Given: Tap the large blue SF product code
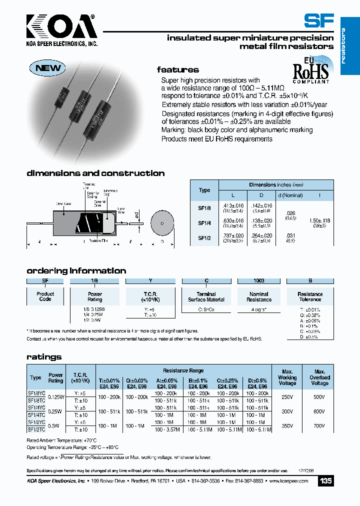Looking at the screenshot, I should coord(318,20).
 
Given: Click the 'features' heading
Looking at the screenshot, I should coord(177,70).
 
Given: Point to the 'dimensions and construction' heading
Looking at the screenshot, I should coord(95,173).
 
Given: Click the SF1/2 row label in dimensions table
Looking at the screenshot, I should coord(204,238).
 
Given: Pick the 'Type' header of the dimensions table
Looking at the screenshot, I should coord(204,190).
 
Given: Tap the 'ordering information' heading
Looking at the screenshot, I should coord(76,270).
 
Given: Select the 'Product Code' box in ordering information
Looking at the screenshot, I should coord(45,296).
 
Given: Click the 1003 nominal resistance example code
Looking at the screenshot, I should coord(258,281).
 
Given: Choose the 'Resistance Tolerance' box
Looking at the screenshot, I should coord(310,296).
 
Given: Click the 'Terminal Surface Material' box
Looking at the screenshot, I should coord(206,296).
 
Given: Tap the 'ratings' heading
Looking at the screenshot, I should coord(44,357).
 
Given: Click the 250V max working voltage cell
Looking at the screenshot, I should coord(287,397).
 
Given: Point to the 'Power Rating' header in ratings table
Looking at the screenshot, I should coord(55,377).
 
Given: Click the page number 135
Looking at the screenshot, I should coord(325,481).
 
